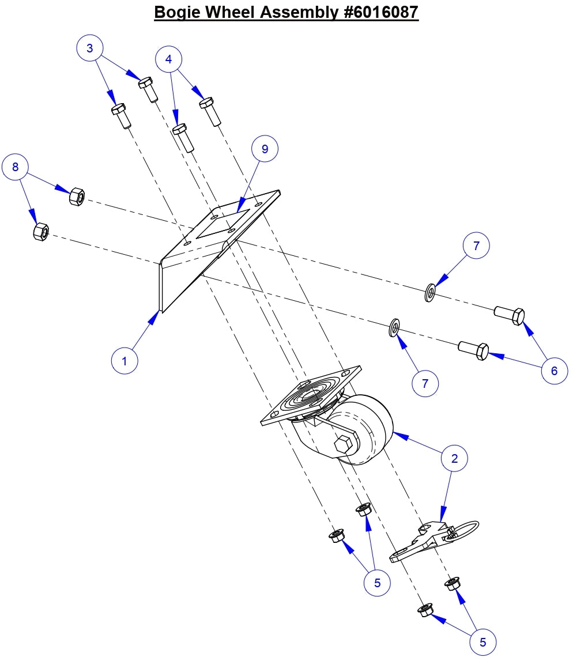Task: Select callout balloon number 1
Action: point(125,361)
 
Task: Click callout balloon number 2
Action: point(454,458)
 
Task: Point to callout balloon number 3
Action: point(90,48)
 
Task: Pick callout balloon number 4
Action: point(168,59)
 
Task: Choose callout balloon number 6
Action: point(554,371)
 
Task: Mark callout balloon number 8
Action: point(16,167)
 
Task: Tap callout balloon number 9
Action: point(265,149)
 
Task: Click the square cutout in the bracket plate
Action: point(223,224)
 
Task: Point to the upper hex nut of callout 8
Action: point(77,197)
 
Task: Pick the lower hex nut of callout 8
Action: point(41,232)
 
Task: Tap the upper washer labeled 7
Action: point(430,293)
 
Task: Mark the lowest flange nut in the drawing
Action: point(425,610)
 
